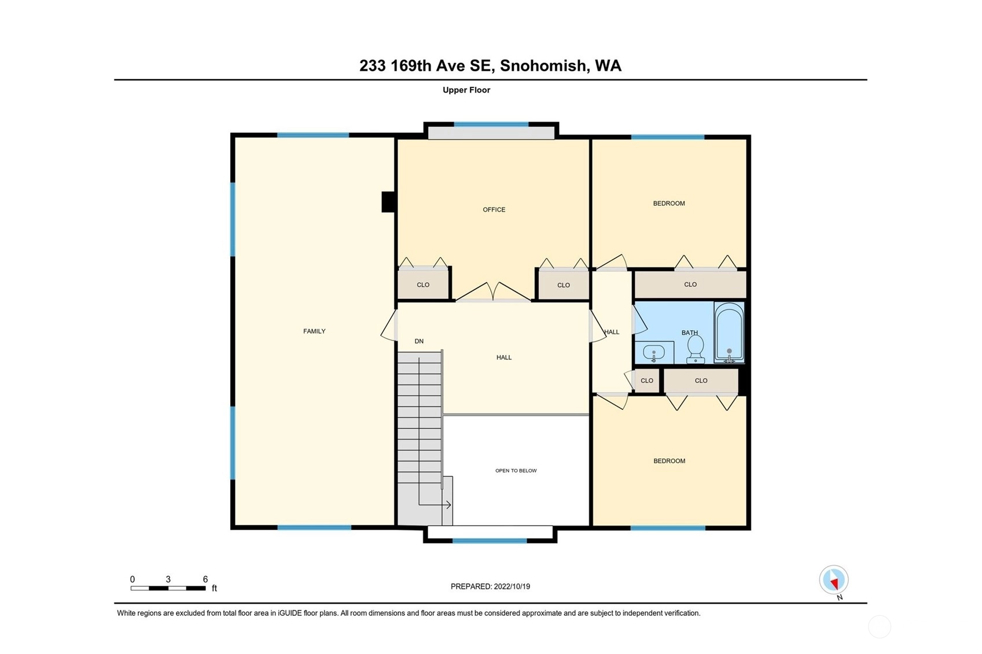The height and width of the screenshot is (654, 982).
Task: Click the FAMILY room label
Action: tap(314, 331)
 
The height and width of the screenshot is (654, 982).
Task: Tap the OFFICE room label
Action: tap(494, 210)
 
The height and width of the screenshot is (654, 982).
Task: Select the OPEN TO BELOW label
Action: tap(516, 471)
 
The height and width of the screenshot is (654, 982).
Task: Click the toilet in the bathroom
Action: tap(696, 350)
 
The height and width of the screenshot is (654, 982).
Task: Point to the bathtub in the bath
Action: tap(729, 332)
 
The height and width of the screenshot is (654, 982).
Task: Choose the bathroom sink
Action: tap(654, 352)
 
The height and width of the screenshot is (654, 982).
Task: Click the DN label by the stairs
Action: tap(419, 341)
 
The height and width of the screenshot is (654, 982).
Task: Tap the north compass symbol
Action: tap(834, 579)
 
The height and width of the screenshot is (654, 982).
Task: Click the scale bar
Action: tap(168, 588)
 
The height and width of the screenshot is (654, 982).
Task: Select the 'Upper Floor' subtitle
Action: tap(466, 90)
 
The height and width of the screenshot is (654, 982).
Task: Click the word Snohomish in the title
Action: tap(543, 66)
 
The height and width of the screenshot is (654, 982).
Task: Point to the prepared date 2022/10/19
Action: tap(512, 586)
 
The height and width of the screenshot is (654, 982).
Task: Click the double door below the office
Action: tap(493, 292)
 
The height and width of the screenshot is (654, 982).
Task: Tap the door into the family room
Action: tap(389, 325)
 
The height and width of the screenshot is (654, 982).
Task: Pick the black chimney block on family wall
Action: tap(388, 202)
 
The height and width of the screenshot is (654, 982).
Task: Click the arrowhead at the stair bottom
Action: tap(448, 505)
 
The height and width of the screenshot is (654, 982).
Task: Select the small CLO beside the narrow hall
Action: tap(647, 380)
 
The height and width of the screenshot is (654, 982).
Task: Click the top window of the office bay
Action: tap(491, 124)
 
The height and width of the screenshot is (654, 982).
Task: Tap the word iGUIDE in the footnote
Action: tap(290, 614)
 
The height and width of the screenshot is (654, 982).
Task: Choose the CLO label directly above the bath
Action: tap(690, 284)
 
